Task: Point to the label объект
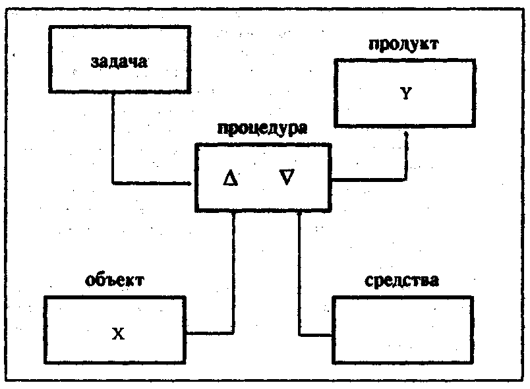click(x=115, y=280)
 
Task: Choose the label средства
click(x=401, y=280)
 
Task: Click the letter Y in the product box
click(x=406, y=94)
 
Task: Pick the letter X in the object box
click(x=117, y=334)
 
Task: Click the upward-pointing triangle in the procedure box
click(x=230, y=178)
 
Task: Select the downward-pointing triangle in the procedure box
click(x=287, y=177)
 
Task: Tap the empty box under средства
click(x=402, y=330)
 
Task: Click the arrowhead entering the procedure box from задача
click(x=192, y=182)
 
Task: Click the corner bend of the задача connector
click(x=113, y=182)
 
